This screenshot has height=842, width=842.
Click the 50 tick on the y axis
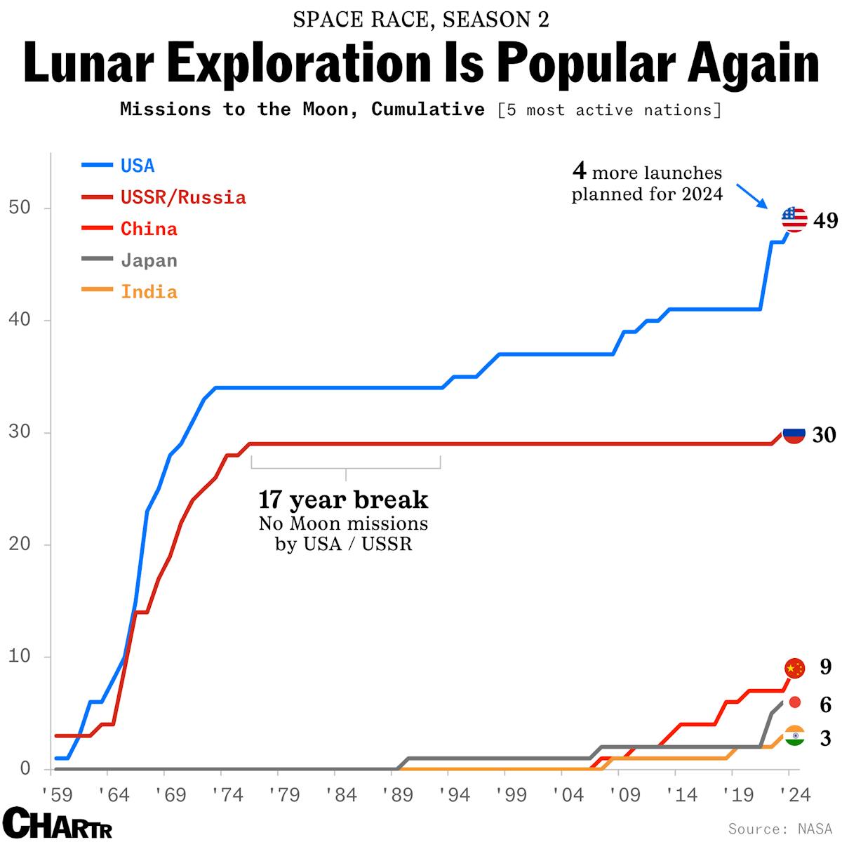click(19, 208)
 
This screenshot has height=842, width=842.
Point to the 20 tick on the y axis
click(19, 544)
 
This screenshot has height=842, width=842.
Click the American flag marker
click(794, 220)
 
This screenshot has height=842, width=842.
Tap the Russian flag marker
click(794, 435)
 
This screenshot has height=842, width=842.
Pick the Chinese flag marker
click(794, 668)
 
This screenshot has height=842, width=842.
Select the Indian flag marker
click(794, 736)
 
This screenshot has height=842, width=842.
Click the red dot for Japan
click(794, 702)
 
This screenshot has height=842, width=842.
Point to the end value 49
click(825, 221)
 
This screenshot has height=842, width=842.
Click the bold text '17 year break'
click(343, 500)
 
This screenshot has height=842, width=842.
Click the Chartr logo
click(58, 822)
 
